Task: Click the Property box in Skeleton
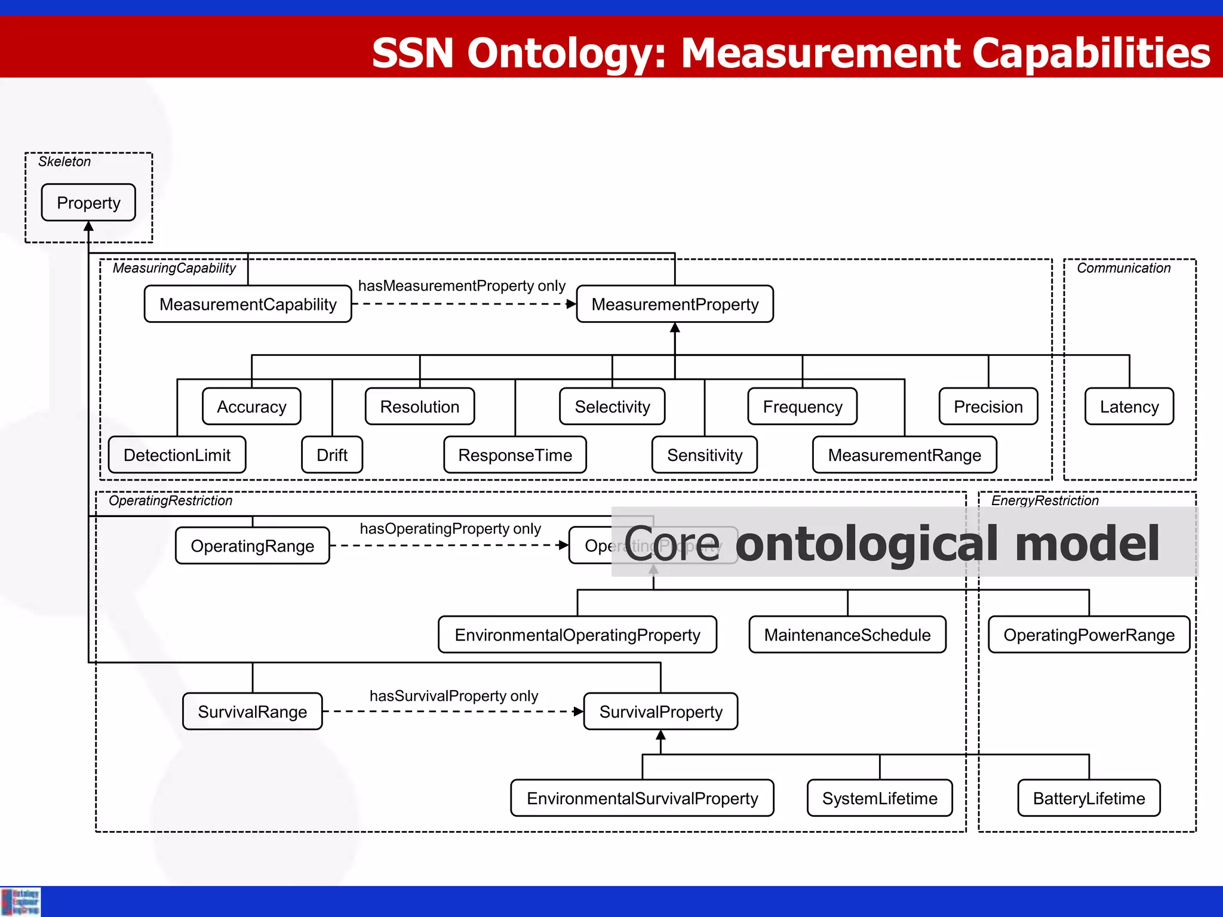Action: [88, 203]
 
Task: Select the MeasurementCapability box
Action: [248, 304]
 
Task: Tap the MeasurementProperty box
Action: [675, 304]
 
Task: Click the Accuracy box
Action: [251, 407]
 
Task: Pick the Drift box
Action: [332, 455]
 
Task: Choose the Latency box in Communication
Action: [1129, 407]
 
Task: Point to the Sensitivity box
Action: [705, 455]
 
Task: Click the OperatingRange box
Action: [252, 546]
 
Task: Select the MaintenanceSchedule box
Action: [847, 635]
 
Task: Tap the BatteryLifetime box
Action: [1089, 798]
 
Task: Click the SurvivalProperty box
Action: [660, 712]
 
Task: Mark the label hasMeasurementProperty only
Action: [462, 286]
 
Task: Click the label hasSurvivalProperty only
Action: [454, 696]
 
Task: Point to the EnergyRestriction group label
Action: [1044, 500]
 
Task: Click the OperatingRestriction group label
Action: [170, 500]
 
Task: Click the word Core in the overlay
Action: [672, 544]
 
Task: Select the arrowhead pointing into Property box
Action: [88, 226]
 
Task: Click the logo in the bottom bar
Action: [21, 901]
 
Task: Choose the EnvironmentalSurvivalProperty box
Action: [642, 798]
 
